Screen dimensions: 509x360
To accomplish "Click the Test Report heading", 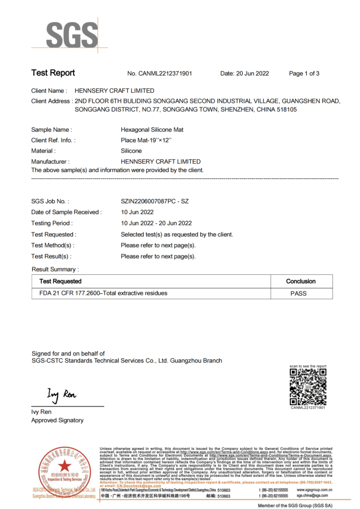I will coord(53,73).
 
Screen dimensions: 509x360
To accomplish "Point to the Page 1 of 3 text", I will coord(304,74).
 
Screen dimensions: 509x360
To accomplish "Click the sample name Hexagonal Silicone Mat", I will coord(152,130).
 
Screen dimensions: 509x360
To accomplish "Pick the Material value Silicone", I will coord(131,151).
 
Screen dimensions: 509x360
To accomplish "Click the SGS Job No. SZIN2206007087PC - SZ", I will coord(155,201).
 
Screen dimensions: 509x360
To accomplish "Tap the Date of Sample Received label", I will coord(66,212).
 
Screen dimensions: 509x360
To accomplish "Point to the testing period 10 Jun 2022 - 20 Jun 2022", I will coord(156,223).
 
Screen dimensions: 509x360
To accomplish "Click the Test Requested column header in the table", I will coord(60,281).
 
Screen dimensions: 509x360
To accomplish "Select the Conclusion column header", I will coord(301,281).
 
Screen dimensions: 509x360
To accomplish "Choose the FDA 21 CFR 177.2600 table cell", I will coord(103,293).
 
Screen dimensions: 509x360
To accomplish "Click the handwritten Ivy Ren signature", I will coord(62,395).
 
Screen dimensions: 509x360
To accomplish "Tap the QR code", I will coord(308,386).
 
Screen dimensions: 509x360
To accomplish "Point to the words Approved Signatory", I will coord(57,421).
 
